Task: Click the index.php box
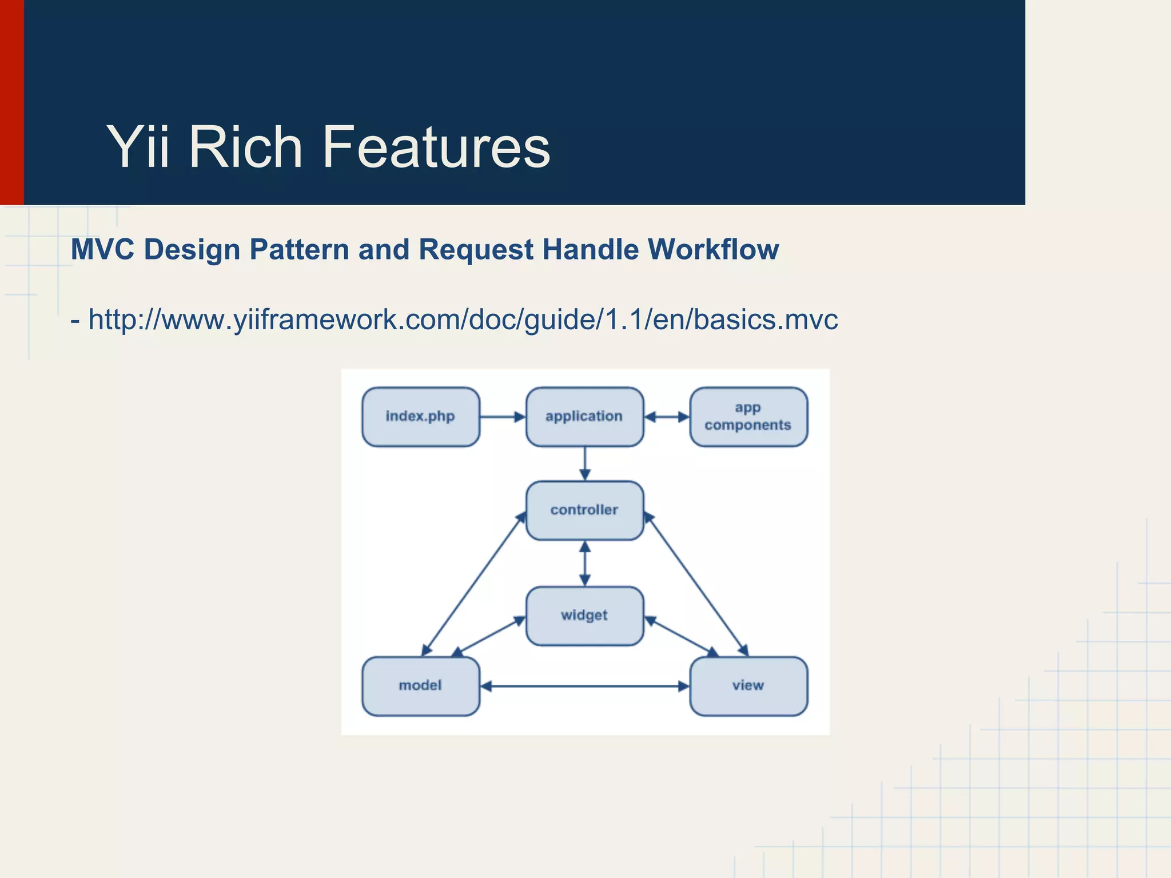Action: click(421, 417)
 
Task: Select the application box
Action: click(584, 417)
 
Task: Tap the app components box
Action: click(748, 417)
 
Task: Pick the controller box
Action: click(584, 510)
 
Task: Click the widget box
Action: click(584, 616)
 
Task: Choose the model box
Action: click(421, 686)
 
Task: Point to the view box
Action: click(748, 686)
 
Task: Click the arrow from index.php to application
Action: click(502, 417)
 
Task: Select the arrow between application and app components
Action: click(667, 417)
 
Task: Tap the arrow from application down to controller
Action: click(584, 464)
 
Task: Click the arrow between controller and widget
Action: click(584, 563)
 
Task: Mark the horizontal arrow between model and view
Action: click(584, 686)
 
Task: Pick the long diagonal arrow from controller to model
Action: click(473, 584)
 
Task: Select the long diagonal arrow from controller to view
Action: click(696, 584)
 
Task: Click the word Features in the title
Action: click(436, 147)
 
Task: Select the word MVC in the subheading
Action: click(102, 250)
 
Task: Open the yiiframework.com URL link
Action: click(463, 320)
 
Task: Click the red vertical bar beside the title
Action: click(11, 102)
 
